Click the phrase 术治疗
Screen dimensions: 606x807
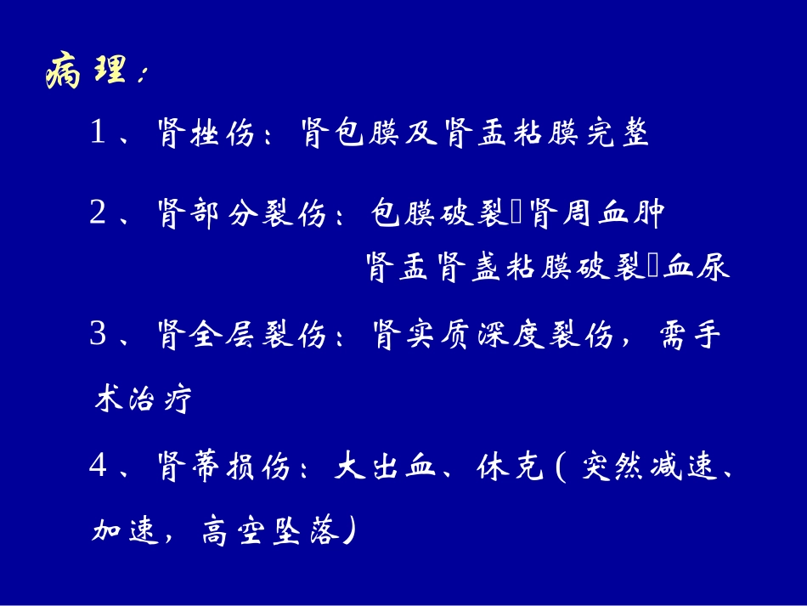[141, 398]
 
